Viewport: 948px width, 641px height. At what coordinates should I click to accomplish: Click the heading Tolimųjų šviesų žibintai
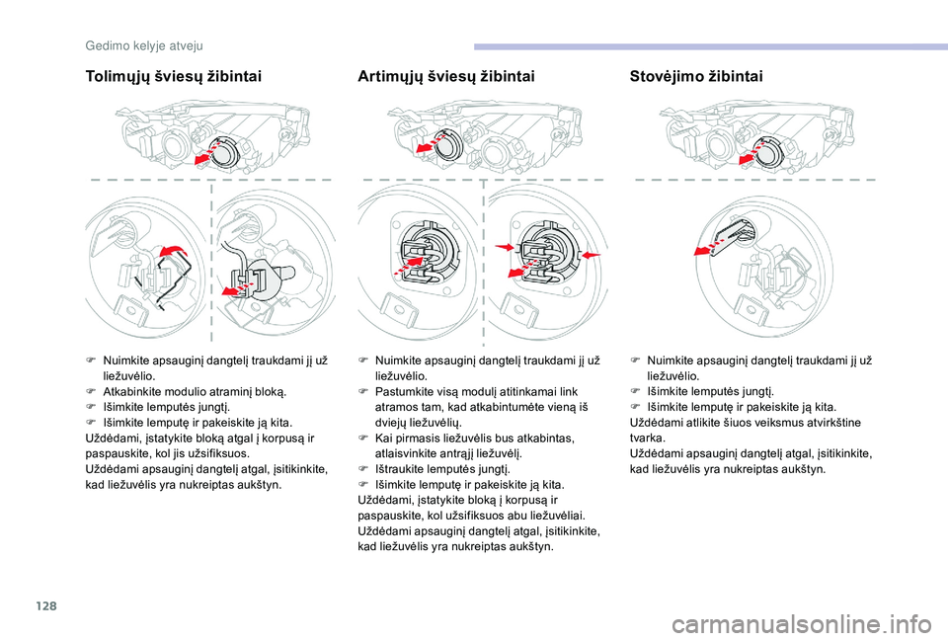[174, 76]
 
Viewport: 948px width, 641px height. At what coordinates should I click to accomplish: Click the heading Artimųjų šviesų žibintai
[446, 76]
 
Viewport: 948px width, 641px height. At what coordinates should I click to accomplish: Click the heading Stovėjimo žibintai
[695, 76]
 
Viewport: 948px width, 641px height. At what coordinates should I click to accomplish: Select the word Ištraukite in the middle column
[402, 468]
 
